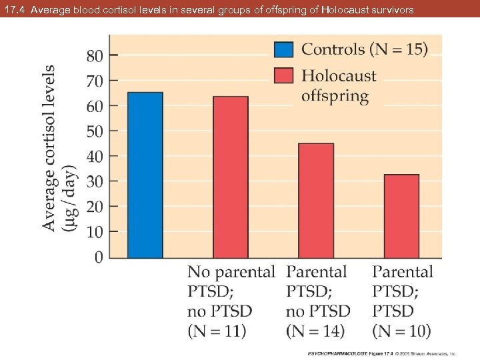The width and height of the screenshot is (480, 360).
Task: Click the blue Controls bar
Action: point(145,175)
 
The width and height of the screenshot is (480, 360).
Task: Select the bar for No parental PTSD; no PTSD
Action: point(230,177)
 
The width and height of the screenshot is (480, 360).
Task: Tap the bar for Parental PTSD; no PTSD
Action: point(316,200)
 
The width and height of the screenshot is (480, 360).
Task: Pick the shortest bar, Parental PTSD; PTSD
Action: point(401,216)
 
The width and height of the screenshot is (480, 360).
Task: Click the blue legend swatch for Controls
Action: point(284,50)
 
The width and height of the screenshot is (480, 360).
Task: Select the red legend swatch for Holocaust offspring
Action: point(284,75)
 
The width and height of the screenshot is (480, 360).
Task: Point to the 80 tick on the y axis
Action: point(95,56)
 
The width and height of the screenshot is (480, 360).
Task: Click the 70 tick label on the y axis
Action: point(95,81)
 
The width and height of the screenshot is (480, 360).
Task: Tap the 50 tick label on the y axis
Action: point(95,131)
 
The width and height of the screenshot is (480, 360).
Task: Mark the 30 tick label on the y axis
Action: point(95,181)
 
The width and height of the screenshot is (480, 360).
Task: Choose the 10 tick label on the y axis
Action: point(95,232)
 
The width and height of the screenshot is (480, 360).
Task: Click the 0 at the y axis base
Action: point(99,257)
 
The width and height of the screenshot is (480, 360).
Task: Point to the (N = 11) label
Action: point(217,330)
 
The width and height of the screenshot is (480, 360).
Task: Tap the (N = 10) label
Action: point(401,330)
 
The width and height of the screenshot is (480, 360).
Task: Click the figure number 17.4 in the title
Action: point(15,9)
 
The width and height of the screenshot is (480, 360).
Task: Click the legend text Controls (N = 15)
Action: point(365,49)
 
